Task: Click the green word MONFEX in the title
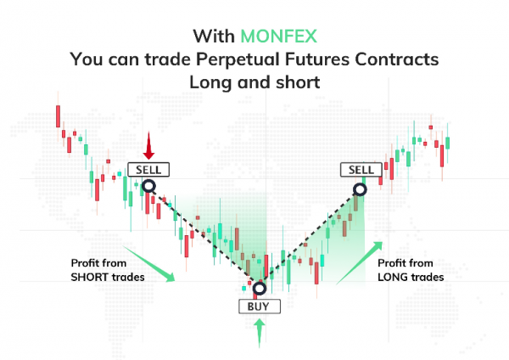tap(278, 36)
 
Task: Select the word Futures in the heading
tap(316, 59)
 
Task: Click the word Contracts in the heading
tap(396, 59)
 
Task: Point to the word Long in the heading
tap(210, 82)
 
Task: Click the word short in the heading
tap(298, 82)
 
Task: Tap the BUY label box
tap(260, 307)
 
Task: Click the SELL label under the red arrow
tap(148, 170)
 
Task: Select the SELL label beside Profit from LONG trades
tap(361, 170)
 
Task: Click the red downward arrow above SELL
tap(148, 145)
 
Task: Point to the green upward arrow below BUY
tap(259, 334)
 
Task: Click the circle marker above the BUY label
tap(260, 288)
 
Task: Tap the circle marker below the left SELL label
tap(148, 186)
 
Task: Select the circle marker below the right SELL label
tap(360, 189)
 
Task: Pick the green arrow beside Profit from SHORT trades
tap(148, 264)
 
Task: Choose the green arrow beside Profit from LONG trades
tap(360, 263)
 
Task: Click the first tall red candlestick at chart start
tap(58, 116)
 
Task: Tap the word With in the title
tap(214, 36)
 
